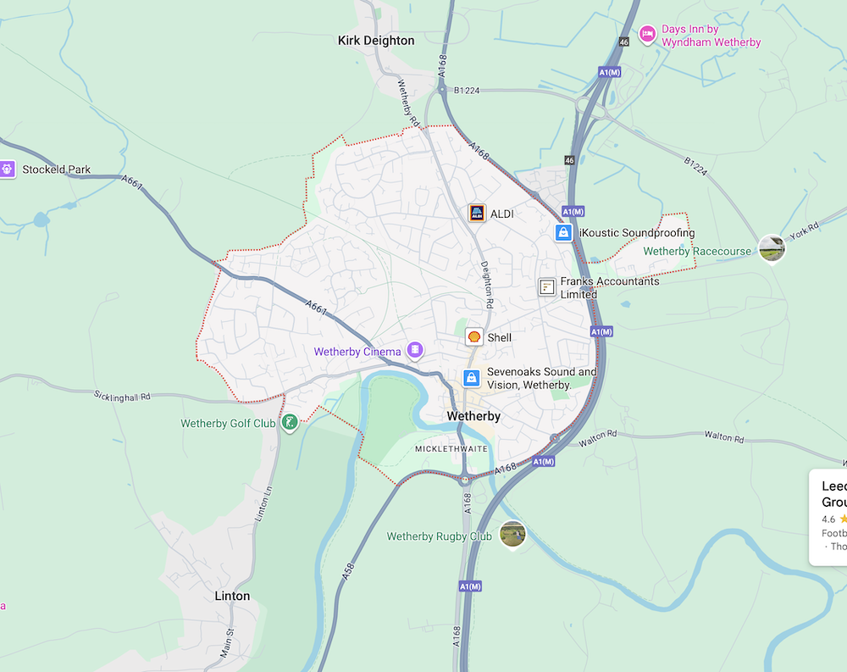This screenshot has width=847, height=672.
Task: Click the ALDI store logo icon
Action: pyautogui.click(x=477, y=213)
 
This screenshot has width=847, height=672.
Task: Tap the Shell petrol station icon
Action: pyautogui.click(x=474, y=337)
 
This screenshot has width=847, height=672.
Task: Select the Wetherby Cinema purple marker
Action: pyautogui.click(x=415, y=350)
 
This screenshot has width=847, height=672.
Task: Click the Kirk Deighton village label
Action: pyautogui.click(x=376, y=40)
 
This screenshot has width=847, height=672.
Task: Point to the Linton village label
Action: pyautogui.click(x=232, y=596)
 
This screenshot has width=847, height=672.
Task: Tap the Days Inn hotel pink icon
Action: pyautogui.click(x=648, y=34)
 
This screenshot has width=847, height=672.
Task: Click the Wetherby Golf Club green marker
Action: pyautogui.click(x=290, y=421)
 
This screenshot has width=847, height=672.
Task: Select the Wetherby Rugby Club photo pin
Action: pyautogui.click(x=512, y=534)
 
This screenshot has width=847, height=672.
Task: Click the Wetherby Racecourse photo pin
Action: pyautogui.click(x=771, y=247)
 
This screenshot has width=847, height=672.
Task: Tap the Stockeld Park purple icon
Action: pyautogui.click(x=8, y=169)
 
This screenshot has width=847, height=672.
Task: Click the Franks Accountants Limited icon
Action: pyautogui.click(x=547, y=287)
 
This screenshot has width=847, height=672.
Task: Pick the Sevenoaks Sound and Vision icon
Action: pyautogui.click(x=472, y=378)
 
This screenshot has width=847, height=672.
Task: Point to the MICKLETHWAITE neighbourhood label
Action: pyautogui.click(x=451, y=448)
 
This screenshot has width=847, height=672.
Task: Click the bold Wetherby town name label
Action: pyautogui.click(x=473, y=416)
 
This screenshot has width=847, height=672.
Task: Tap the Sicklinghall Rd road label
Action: pyautogui.click(x=122, y=396)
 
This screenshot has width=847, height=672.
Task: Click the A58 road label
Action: pyautogui.click(x=347, y=569)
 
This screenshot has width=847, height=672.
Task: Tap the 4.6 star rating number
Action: pyautogui.click(x=828, y=519)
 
